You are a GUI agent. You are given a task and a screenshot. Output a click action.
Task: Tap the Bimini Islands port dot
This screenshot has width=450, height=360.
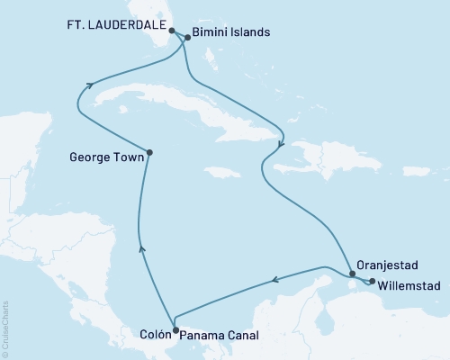(187, 38)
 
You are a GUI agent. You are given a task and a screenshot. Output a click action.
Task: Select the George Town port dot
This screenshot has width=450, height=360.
(149, 152)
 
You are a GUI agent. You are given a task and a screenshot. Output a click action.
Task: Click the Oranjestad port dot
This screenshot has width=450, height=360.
(353, 274)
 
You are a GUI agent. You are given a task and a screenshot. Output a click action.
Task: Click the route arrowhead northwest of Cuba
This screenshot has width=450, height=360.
(90, 85)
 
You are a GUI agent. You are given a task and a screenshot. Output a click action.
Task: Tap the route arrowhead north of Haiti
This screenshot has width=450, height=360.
(282, 144)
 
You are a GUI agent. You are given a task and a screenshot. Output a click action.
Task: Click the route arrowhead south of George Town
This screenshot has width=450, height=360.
(139, 249)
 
